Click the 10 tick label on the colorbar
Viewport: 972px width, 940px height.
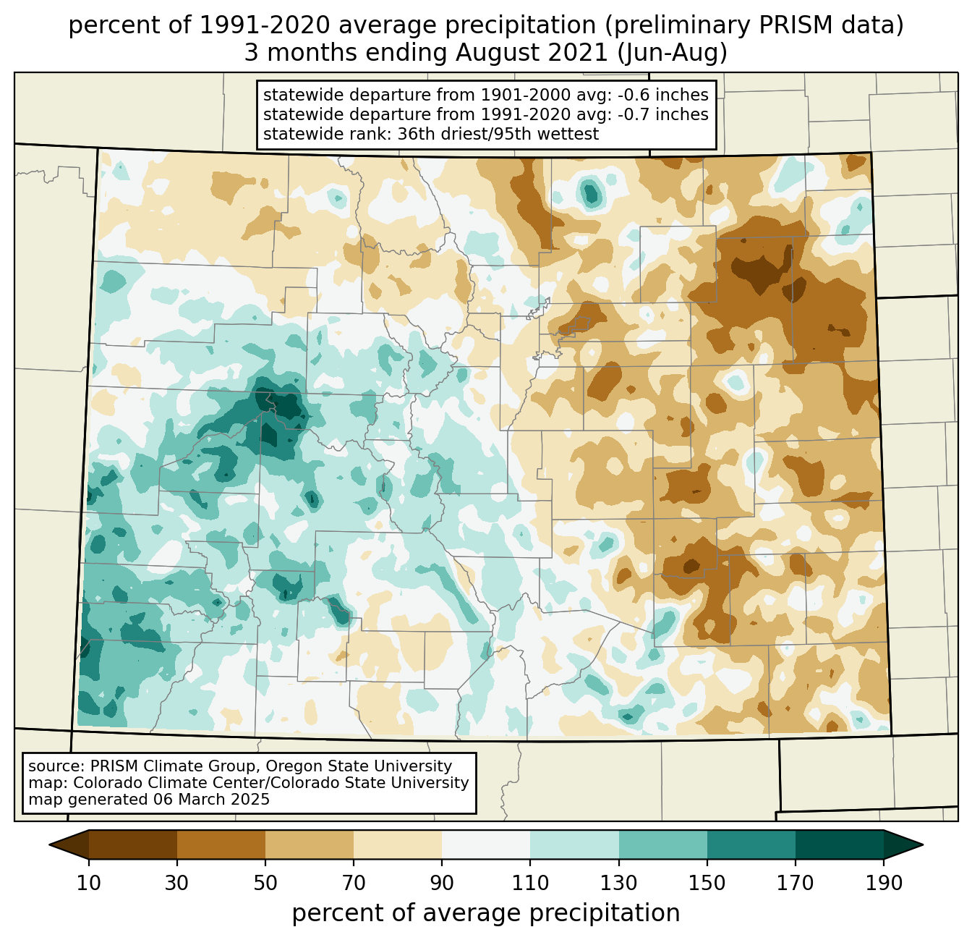click(89, 883)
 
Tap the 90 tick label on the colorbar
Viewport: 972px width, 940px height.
click(442, 883)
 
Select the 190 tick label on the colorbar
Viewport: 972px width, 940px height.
click(884, 883)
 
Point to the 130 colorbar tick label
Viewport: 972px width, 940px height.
click(619, 883)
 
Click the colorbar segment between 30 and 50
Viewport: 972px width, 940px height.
click(221, 844)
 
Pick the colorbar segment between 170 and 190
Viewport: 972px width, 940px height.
click(839, 844)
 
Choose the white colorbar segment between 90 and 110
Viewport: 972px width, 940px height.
click(486, 844)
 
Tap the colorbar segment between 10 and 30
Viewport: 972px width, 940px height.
click(133, 844)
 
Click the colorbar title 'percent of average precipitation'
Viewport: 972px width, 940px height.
click(486, 913)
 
